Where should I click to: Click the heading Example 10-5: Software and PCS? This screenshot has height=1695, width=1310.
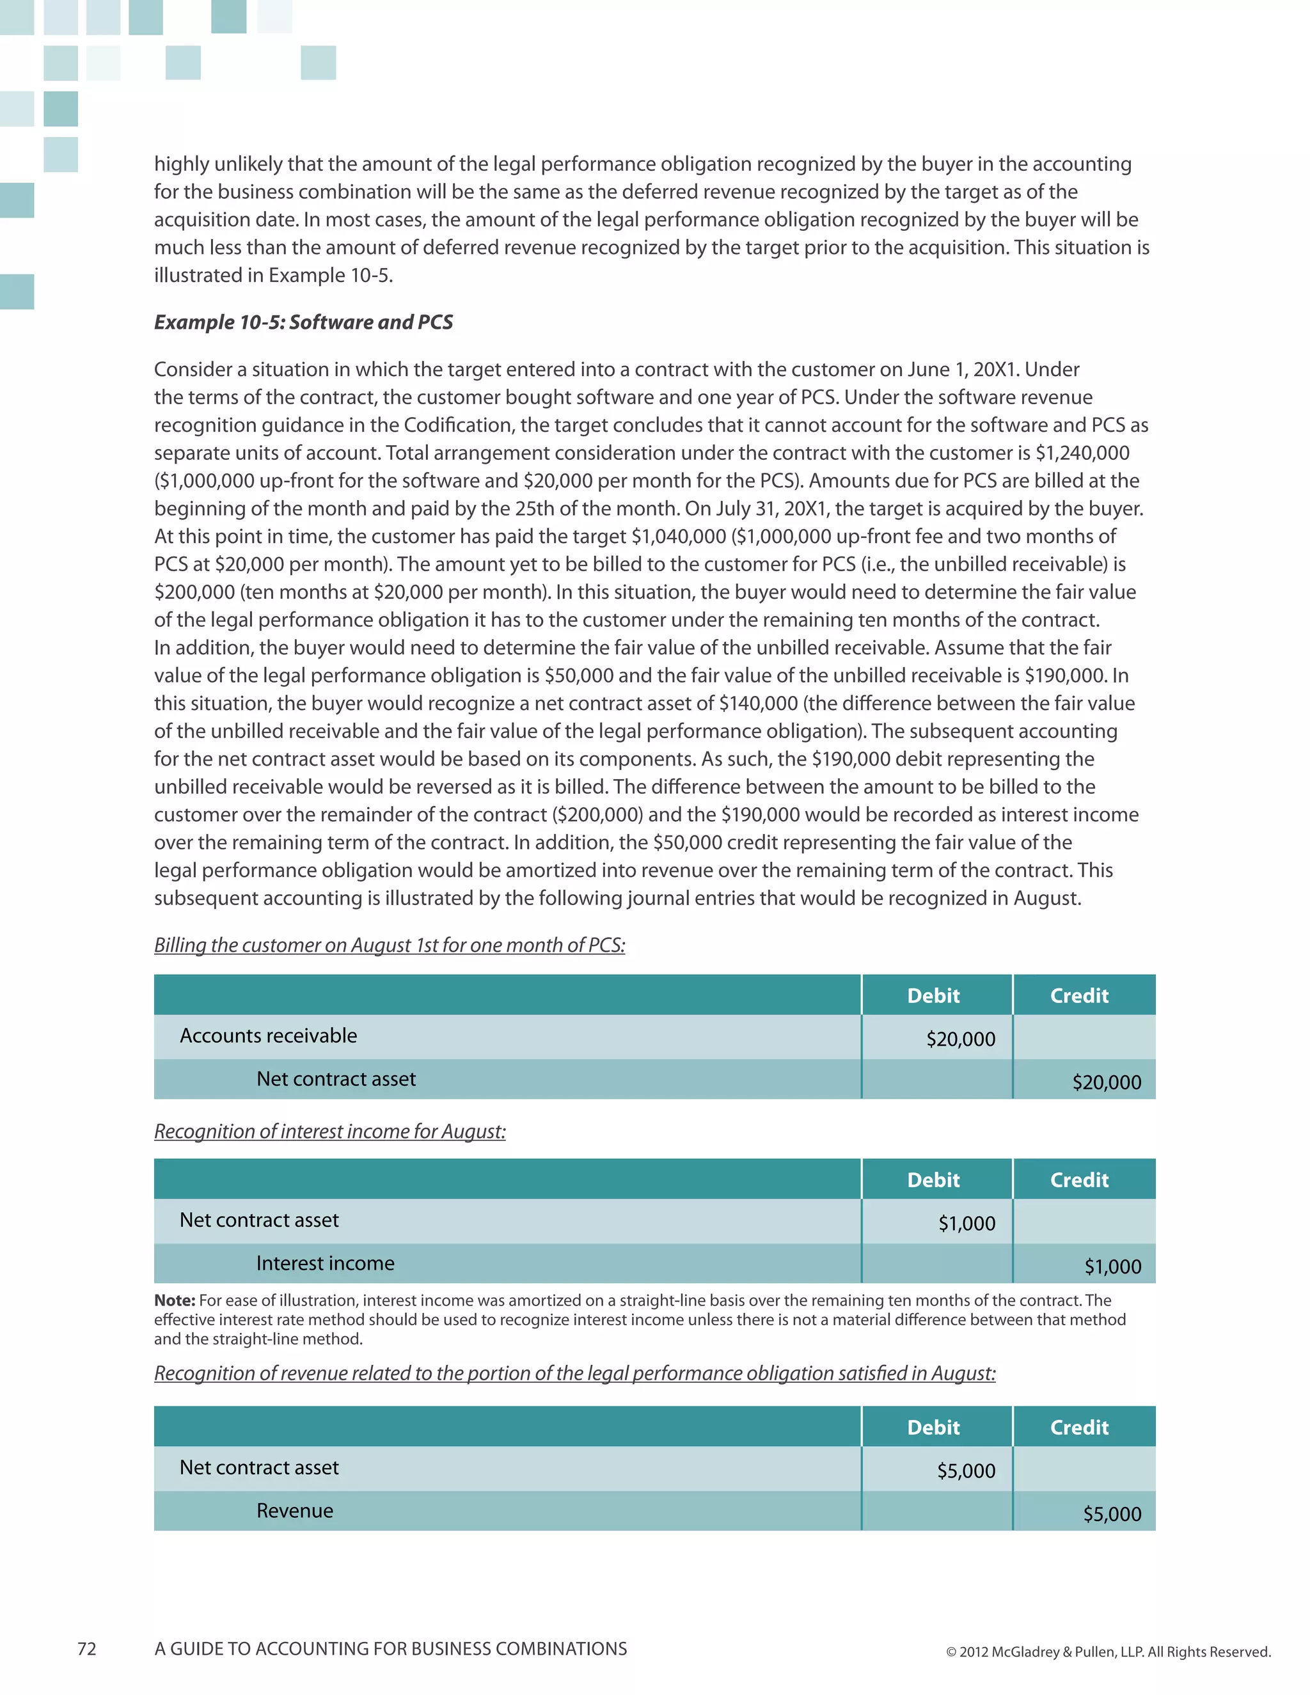click(x=303, y=322)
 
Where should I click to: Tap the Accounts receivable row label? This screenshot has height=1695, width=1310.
click(x=268, y=1036)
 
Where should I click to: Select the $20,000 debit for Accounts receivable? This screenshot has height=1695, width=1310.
click(x=960, y=1039)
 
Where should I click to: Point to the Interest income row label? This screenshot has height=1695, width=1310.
click(x=324, y=1263)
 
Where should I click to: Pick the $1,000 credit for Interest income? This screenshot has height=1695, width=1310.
click(x=1112, y=1267)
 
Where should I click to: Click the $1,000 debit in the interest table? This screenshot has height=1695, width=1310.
click(x=967, y=1224)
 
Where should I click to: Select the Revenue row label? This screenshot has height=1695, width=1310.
click(x=294, y=1511)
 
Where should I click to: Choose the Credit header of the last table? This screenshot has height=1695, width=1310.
click(x=1078, y=1427)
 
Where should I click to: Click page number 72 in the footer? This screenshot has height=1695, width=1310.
click(x=87, y=1648)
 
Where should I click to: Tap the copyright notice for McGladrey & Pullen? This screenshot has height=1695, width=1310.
click(x=1107, y=1652)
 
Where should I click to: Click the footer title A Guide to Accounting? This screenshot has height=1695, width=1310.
click(x=390, y=1648)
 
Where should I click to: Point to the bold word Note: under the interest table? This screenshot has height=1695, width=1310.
click(x=175, y=1300)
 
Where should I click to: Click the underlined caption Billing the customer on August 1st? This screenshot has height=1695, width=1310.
click(x=389, y=945)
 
